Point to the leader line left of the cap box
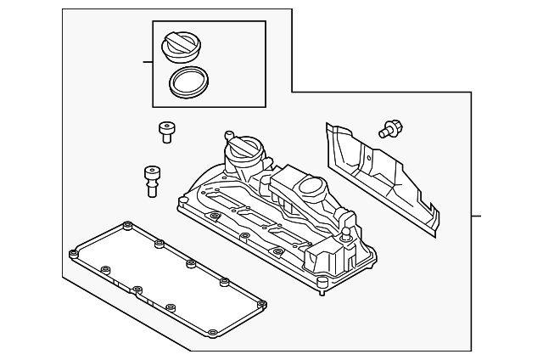pyautogui.click(x=147, y=62)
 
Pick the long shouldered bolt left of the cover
pyautogui.click(x=153, y=179)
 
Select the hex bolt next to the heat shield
pyautogui.click(x=392, y=130)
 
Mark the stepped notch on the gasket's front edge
pyautogui.click(x=134, y=287)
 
